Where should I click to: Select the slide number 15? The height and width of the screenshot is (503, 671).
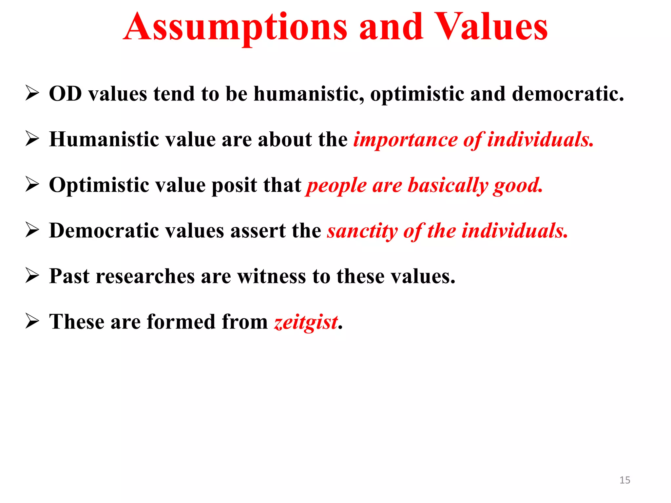tap(624, 480)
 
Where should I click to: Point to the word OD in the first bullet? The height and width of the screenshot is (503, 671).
tap(65, 94)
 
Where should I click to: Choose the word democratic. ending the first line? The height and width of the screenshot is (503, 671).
tap(568, 94)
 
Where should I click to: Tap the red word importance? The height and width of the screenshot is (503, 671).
tap(405, 140)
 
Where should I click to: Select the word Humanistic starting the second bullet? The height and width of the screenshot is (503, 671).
tap(104, 140)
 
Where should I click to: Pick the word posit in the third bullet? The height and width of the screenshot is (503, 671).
tap(234, 185)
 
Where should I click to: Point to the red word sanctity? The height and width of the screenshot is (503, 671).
tap(362, 231)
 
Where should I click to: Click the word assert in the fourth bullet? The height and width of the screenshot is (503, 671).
tap(258, 231)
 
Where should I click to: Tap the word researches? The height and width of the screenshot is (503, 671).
tap(145, 276)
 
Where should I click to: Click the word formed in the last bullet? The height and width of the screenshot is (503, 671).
tap(181, 322)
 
